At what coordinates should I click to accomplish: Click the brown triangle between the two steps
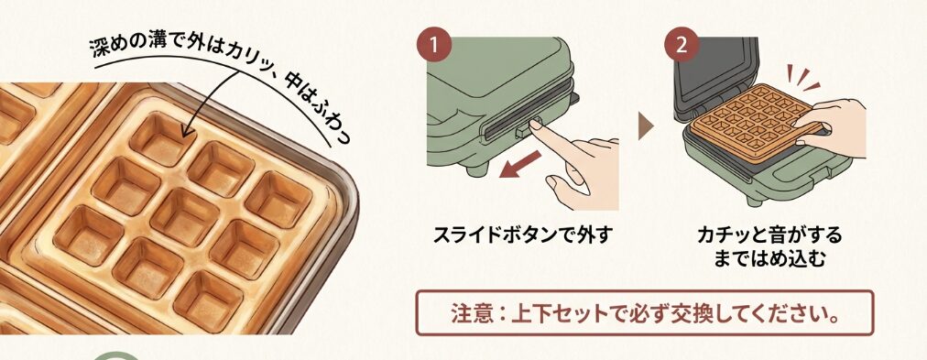tap(647, 125)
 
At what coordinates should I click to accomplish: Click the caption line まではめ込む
tap(768, 260)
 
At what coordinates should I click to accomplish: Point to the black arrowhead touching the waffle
tap(186, 135)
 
